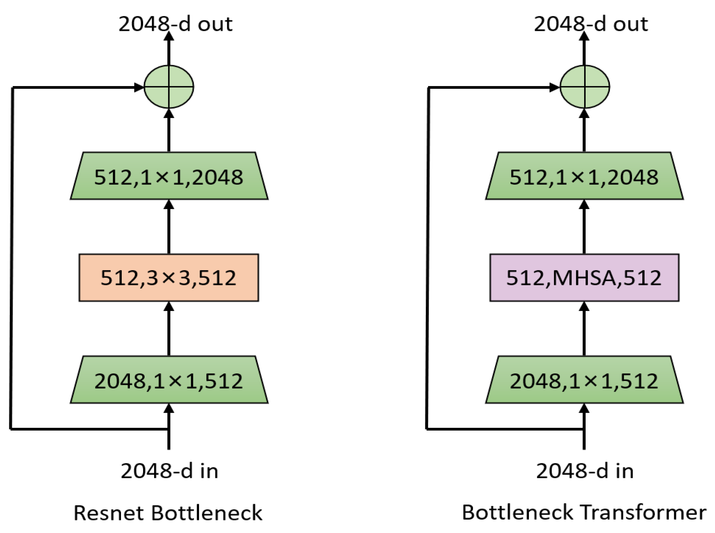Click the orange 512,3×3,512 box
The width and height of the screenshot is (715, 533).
[169, 277]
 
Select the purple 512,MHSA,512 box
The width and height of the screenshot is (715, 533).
[584, 277]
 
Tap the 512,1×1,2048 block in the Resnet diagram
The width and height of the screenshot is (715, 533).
[169, 176]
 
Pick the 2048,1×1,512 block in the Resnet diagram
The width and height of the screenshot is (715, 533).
[169, 380]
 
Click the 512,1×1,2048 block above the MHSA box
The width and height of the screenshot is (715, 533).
[584, 176]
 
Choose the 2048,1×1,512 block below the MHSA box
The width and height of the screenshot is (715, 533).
[584, 380]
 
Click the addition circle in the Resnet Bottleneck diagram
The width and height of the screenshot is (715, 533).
[169, 87]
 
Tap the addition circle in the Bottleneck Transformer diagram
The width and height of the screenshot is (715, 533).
[584, 87]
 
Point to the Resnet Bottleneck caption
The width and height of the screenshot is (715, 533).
[168, 512]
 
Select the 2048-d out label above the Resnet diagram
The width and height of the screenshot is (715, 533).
[175, 24]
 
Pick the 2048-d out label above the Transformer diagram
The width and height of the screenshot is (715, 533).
[590, 24]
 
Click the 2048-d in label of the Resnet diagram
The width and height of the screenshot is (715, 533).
[169, 471]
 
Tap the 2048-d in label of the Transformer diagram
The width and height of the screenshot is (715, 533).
[584, 471]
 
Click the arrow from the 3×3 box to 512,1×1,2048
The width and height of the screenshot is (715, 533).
[169, 227]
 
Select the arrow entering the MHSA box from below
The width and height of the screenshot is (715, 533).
[584, 328]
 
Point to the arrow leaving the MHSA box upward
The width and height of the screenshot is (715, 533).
[584, 227]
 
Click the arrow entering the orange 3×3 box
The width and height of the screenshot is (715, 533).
[169, 328]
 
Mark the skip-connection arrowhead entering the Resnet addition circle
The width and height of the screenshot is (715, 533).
[139, 87]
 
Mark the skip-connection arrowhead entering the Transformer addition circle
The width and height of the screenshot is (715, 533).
[554, 87]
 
